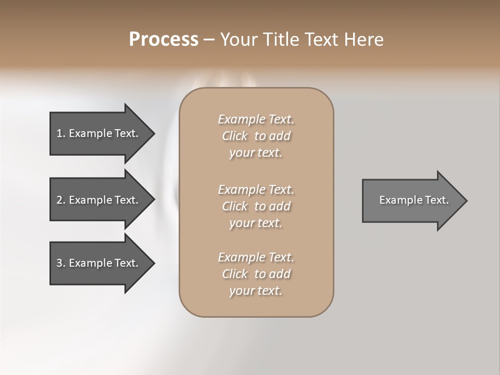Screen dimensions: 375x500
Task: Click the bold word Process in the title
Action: click(164, 40)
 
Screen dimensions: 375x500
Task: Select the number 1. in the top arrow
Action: click(61, 133)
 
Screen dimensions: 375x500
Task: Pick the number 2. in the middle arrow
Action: click(61, 200)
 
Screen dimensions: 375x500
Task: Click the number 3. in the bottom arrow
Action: click(61, 263)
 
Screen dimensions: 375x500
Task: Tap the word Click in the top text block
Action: click(235, 136)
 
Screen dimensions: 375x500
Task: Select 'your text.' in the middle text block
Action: click(256, 223)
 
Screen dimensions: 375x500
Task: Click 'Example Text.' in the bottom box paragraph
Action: click(256, 257)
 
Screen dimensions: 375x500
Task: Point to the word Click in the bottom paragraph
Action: click(235, 274)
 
